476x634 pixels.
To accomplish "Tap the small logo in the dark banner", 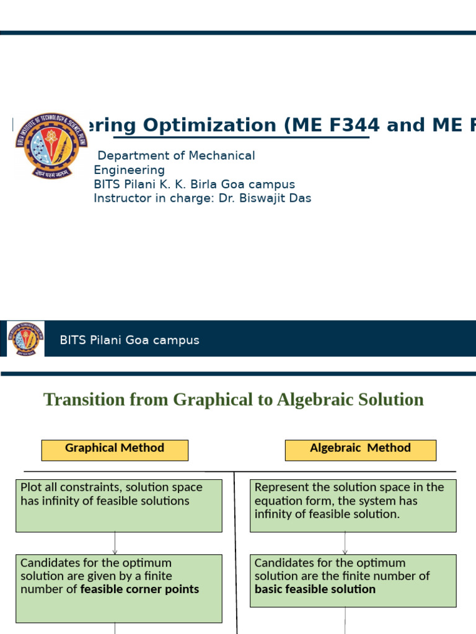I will click(25, 339).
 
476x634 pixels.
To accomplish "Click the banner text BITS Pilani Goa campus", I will click(130, 340).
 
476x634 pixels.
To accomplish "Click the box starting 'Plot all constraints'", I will click(119, 505).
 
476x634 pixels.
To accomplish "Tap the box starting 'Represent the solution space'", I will click(353, 505).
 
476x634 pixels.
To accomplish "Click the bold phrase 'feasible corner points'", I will click(139, 589).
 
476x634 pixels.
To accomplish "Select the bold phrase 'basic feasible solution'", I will click(315, 589).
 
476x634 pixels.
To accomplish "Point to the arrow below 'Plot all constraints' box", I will click(115, 544).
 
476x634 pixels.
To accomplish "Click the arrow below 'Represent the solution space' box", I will click(345, 544).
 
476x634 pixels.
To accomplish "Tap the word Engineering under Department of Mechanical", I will click(129, 170).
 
